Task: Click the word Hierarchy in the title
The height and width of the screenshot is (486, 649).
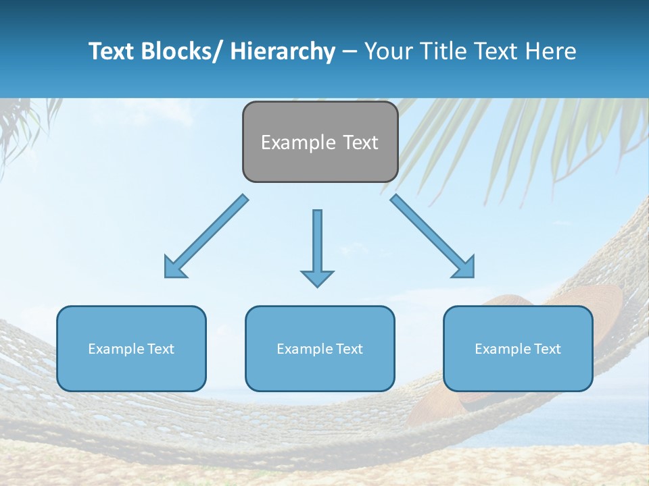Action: click(x=283, y=51)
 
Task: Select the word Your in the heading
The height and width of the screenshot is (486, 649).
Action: click(x=387, y=51)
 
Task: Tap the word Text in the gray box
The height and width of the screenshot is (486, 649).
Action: click(x=360, y=142)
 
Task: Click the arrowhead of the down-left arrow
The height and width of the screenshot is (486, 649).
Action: click(x=174, y=267)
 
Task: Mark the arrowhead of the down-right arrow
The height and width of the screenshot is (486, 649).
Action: click(x=464, y=267)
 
